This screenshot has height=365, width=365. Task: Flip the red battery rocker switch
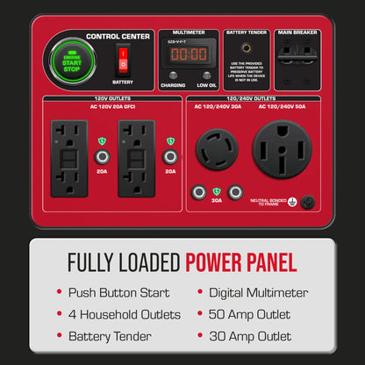(x=123, y=60)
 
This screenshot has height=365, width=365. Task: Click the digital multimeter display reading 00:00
(x=188, y=54)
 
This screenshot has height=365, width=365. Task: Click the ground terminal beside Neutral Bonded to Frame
(x=308, y=202)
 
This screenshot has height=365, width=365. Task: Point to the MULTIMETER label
(x=188, y=32)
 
